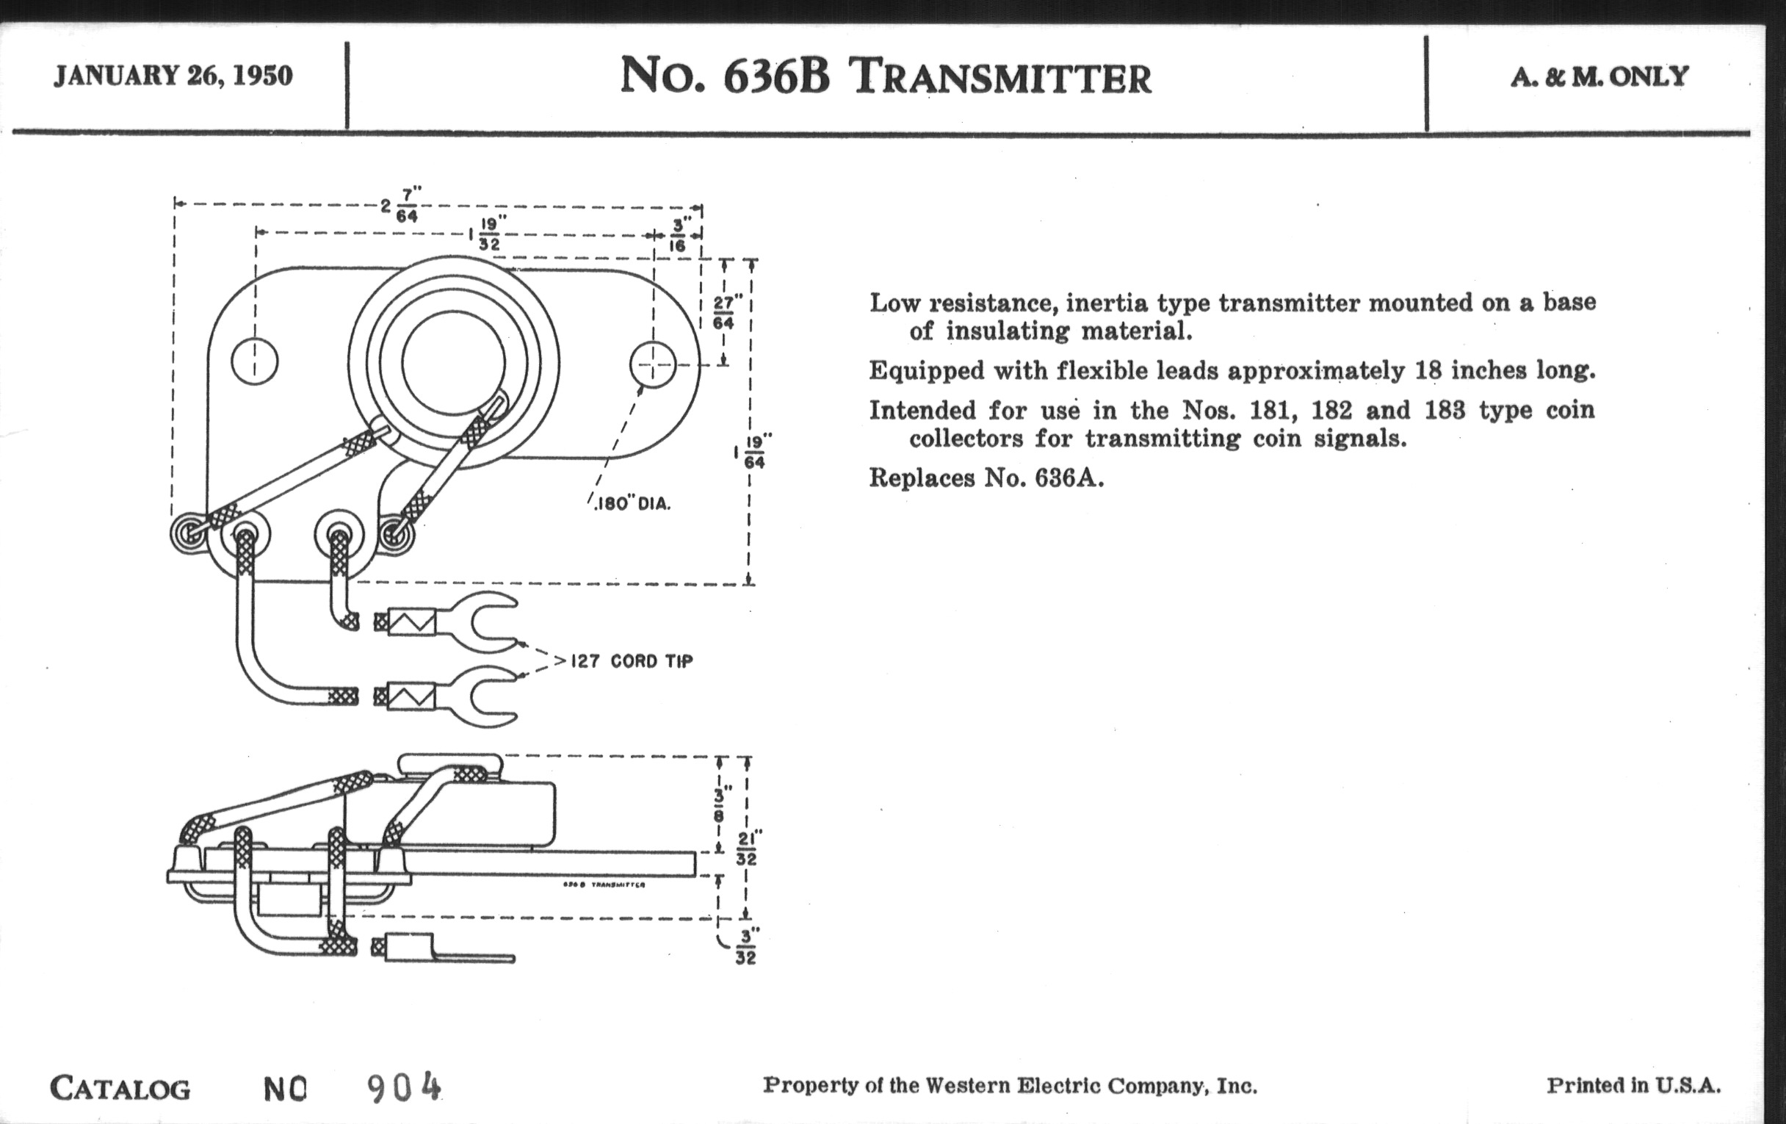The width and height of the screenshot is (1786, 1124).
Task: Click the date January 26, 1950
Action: point(173,76)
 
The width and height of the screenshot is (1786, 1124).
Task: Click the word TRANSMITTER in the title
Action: point(1002,78)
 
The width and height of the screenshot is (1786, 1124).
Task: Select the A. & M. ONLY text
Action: point(1599,76)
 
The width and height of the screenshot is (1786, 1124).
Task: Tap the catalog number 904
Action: point(404,1088)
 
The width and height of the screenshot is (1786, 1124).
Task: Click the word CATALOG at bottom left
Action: point(120,1089)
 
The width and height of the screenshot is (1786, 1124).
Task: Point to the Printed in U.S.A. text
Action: point(1633,1085)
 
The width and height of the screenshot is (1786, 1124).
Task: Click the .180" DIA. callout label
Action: point(633,504)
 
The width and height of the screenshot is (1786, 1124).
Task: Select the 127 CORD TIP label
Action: point(632,661)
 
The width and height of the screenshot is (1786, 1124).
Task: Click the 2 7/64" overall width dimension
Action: point(400,205)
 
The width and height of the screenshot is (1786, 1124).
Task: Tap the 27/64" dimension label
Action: point(723,312)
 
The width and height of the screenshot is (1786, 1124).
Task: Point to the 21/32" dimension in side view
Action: point(746,849)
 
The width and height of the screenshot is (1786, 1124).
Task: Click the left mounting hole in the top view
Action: point(254,362)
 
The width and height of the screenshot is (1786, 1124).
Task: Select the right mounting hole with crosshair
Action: point(653,364)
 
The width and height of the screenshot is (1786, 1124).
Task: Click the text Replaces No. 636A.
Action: point(986,478)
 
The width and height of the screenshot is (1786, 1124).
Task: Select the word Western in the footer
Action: point(968,1086)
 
